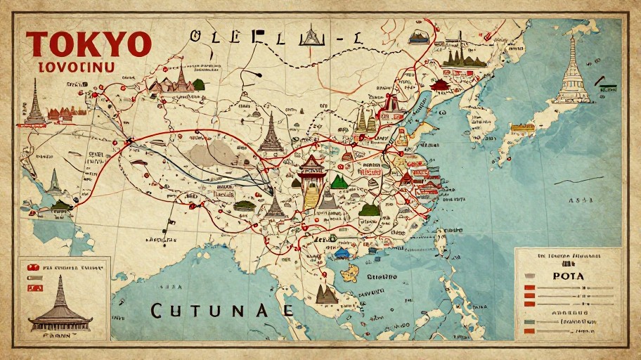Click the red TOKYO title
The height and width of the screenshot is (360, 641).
[x=89, y=45]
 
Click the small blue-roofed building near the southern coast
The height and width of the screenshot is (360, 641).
[x=342, y=252]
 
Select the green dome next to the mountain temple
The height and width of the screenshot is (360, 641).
[x=198, y=85]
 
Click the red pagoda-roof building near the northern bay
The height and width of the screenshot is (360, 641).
[x=440, y=85]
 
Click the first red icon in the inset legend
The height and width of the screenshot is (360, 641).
[x=32, y=268]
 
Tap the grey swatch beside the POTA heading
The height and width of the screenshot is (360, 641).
[x=529, y=276]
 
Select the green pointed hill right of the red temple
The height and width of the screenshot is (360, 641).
[x=339, y=182]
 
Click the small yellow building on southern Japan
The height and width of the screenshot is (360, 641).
[x=522, y=129]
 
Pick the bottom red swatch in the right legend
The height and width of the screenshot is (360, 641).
[x=530, y=330]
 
